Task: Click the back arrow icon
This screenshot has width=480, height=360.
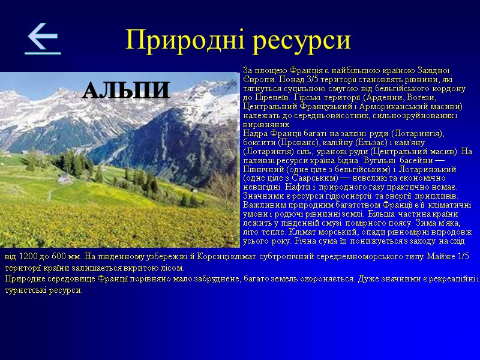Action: tap(42, 39)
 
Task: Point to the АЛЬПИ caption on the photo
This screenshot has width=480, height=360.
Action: tap(126, 91)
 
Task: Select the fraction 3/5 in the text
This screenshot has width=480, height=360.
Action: tap(311, 79)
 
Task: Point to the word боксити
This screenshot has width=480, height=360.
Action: tap(259, 142)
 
